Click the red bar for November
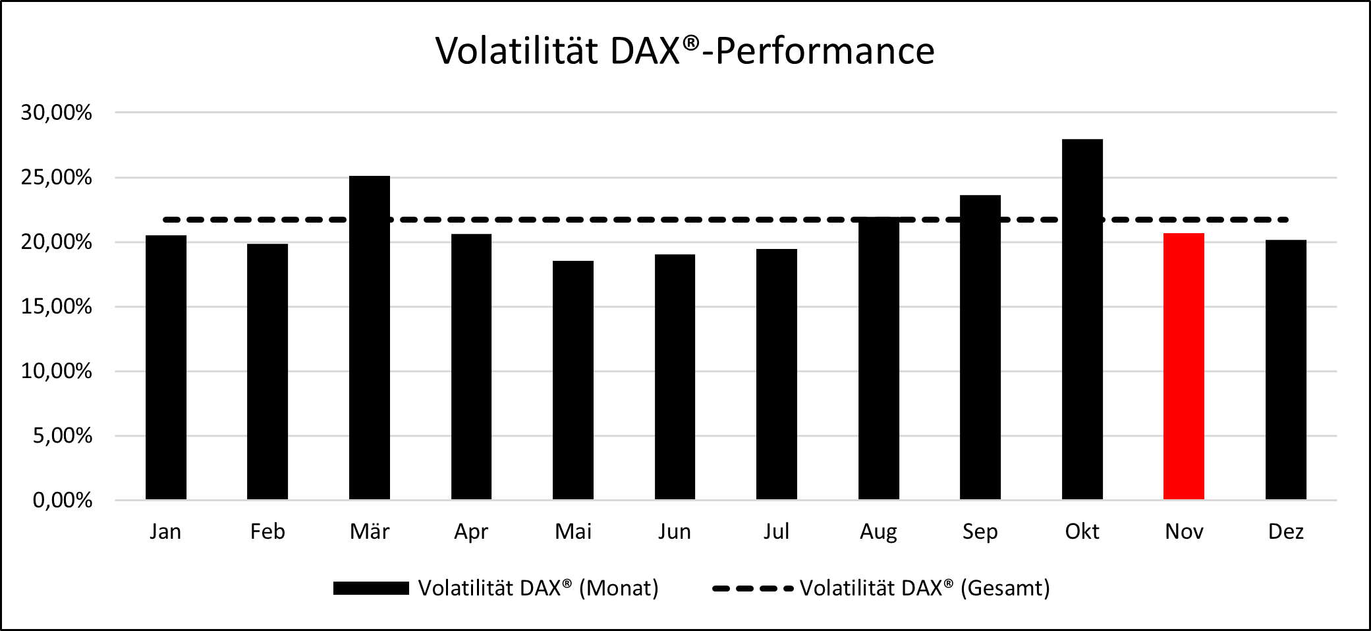click(x=1183, y=366)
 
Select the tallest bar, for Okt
click(x=1082, y=319)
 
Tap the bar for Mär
click(x=369, y=337)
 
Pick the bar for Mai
click(x=573, y=380)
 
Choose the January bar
click(x=165, y=368)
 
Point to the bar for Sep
click(x=980, y=347)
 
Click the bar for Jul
click(x=776, y=374)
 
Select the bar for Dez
click(x=1285, y=370)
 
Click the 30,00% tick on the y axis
click(x=57, y=113)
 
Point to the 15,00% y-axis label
click(x=57, y=307)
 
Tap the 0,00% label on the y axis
click(x=63, y=501)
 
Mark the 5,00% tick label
click(x=63, y=436)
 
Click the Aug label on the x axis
click(x=878, y=532)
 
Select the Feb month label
click(x=267, y=532)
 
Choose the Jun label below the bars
click(x=674, y=532)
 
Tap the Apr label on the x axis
click(x=471, y=532)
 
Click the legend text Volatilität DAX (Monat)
click(x=538, y=588)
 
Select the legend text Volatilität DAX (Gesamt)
click(x=924, y=588)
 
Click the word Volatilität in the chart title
click(x=517, y=51)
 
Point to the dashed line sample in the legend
click(x=752, y=589)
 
